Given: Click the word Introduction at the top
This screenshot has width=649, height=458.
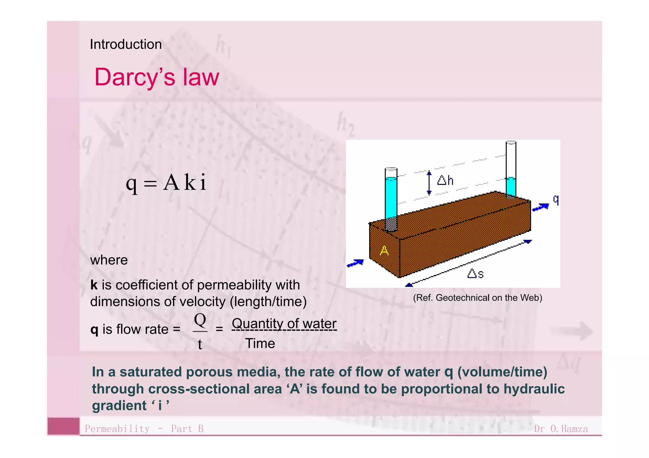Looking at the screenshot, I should coord(126,44).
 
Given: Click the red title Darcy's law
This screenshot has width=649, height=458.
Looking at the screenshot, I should coord(157,77).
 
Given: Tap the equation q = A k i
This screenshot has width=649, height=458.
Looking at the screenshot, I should coord(166,183).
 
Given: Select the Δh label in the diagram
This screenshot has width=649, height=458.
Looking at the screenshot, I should coord(445,180).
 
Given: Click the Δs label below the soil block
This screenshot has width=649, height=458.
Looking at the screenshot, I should coord(475,273).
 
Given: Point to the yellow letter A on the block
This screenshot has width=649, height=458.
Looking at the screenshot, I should coord(384,251).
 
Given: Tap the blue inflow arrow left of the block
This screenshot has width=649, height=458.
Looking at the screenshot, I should coord(355,263).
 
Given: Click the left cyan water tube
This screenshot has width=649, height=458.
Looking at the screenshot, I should coord(391,198).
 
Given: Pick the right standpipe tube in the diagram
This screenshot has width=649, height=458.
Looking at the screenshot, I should coord(511,169).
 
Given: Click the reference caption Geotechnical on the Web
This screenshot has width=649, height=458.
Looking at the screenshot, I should coord(477,298).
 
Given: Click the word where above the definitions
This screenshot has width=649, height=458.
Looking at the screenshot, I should coord(109,260).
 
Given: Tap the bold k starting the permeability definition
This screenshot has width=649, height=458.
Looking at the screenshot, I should coord(94,285).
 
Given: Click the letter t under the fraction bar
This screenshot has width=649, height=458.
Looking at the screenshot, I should coord(200,344).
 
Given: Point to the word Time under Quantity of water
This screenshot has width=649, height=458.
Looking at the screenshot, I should coord(260,343).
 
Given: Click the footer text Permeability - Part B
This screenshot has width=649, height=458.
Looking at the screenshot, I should coord(144,429).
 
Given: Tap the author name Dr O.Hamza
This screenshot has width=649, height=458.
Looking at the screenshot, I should coord(561,429).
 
